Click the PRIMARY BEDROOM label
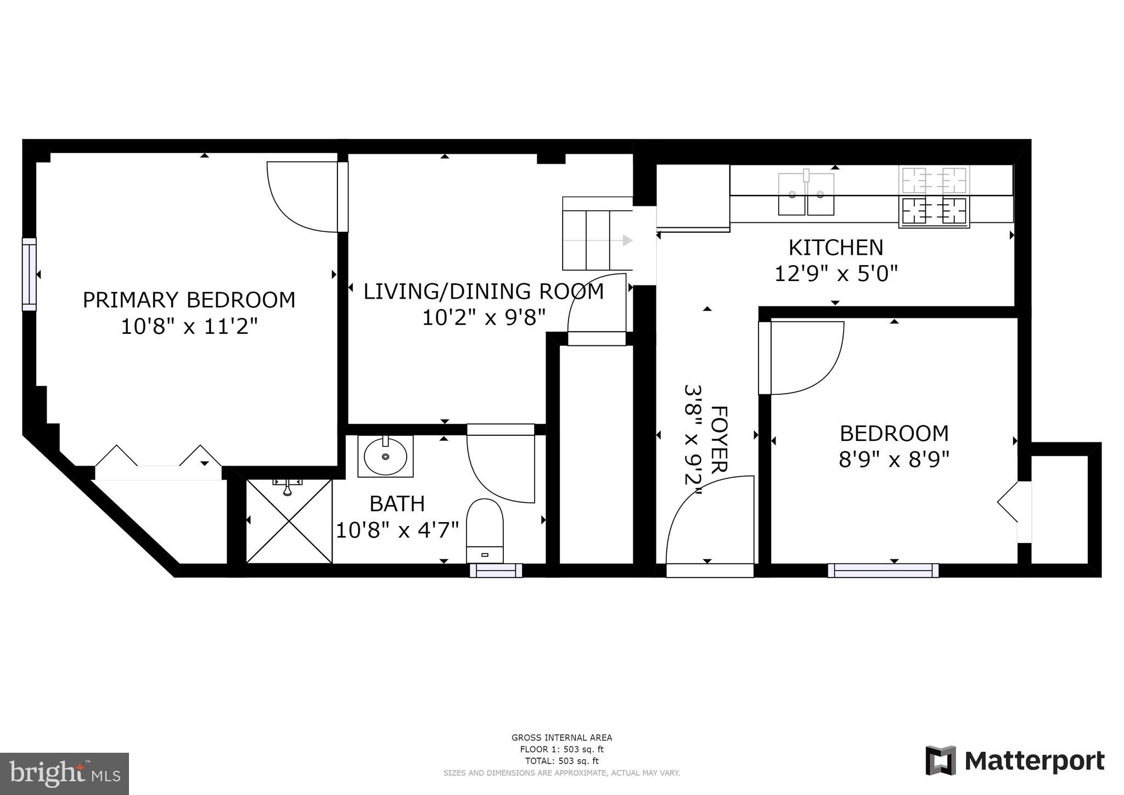tap(189, 300)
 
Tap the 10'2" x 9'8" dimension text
tap(484, 317)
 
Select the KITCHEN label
tap(835, 248)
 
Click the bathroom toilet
tap(485, 530)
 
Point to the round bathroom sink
tap(385, 456)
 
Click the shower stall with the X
tap(289, 521)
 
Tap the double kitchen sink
tap(806, 194)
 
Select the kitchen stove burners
tap(934, 197)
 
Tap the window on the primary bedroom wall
tap(29, 274)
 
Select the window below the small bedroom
tap(883, 570)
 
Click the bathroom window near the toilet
tap(496, 571)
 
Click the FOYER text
tap(719, 439)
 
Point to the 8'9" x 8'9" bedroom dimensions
tap(893, 459)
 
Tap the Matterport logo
tap(1015, 761)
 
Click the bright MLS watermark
tap(64, 774)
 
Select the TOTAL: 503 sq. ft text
tap(561, 761)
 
